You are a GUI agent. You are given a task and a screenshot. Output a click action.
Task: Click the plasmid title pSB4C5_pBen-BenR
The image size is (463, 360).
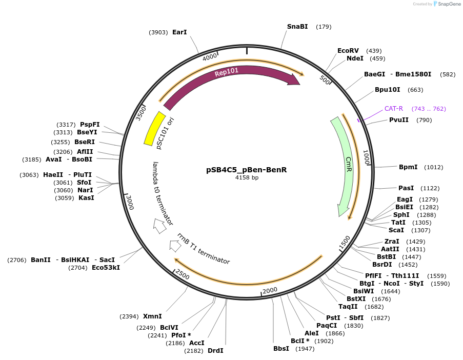[x=246, y=169]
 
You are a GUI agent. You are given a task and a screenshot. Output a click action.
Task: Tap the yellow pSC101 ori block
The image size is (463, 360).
[x=154, y=128]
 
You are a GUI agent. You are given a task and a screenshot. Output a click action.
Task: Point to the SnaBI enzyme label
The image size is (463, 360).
[x=297, y=26]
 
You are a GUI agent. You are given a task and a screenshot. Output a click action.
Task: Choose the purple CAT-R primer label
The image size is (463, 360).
[x=394, y=109]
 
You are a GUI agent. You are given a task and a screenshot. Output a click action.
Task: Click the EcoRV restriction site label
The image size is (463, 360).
[x=348, y=51]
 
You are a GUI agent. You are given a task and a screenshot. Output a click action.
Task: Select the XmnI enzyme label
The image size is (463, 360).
[x=152, y=316]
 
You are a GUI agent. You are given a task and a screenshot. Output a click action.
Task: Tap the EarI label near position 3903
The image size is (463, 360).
[x=179, y=32]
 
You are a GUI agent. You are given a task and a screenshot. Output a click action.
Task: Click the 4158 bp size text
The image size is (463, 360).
[x=247, y=177]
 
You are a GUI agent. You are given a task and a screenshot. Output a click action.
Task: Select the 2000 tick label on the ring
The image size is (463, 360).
[x=270, y=290]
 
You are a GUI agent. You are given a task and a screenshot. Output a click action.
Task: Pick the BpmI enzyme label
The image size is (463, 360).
[x=408, y=167]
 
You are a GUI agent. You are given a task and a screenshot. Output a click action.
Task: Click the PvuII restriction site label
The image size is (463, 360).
[x=399, y=120]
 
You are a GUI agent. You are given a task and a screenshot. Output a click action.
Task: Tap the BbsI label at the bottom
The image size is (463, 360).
[x=281, y=349]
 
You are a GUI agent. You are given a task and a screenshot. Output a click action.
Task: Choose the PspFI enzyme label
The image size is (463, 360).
[x=90, y=125]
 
